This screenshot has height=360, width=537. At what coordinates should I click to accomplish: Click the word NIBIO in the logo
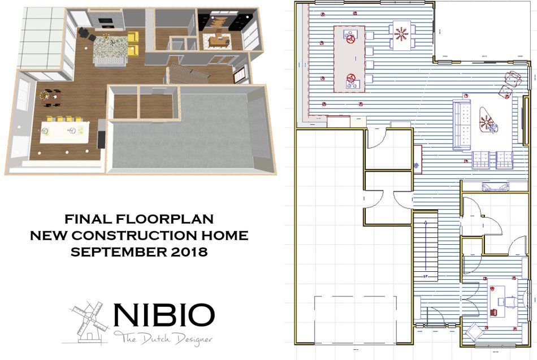tap(164, 315)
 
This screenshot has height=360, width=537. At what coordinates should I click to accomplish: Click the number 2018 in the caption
tap(188, 252)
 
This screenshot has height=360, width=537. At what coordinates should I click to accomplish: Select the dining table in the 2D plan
tap(402, 35)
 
